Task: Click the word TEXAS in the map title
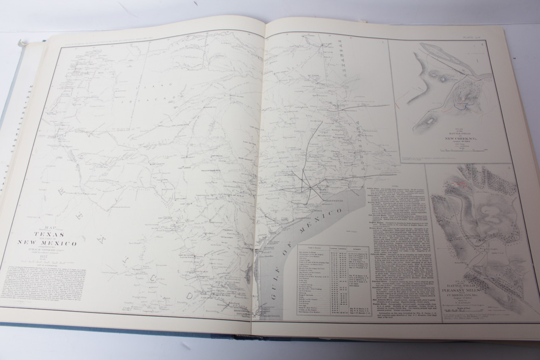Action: pos(50,235)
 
